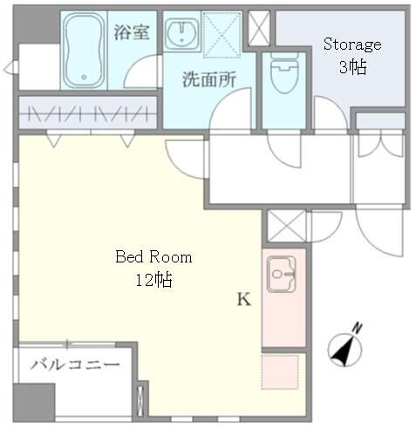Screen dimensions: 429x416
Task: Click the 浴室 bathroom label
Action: pyautogui.click(x=133, y=32)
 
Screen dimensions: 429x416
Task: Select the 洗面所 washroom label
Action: pyautogui.click(x=208, y=79)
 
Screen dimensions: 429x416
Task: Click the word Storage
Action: pyautogui.click(x=352, y=44)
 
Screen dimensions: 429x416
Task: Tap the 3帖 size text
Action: pyautogui.click(x=353, y=66)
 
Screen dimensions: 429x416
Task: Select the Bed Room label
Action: pyautogui.click(x=153, y=258)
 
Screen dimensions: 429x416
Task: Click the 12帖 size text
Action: pyautogui.click(x=153, y=280)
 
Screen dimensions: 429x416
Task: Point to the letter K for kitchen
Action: pyautogui.click(x=244, y=300)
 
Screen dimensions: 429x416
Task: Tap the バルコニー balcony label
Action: pyautogui.click(x=76, y=364)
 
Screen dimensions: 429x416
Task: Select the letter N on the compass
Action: pyautogui.click(x=358, y=329)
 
